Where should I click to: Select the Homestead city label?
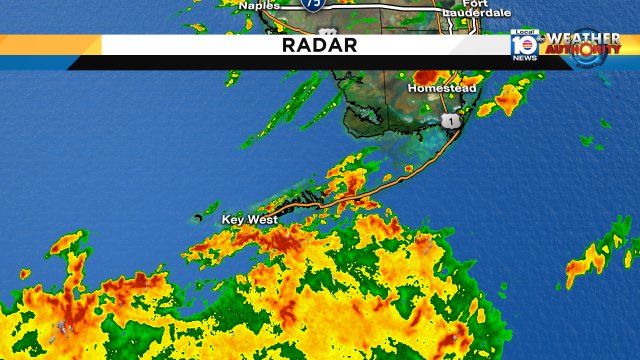pyautogui.click(x=441, y=88)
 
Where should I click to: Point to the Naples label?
pyautogui.click(x=260, y=5)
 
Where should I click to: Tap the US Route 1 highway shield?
pyautogui.click(x=451, y=120)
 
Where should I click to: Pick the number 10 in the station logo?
pyautogui.click(x=524, y=45)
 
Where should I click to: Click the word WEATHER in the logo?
pyautogui.click(x=583, y=38)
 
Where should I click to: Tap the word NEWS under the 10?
pyautogui.click(x=524, y=57)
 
